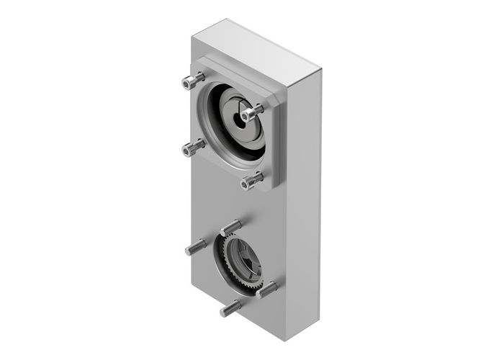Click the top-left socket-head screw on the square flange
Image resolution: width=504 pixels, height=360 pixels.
tap(190, 82)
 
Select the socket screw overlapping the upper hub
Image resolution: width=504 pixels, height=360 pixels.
tap(251, 113)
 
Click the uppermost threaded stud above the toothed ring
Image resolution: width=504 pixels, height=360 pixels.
tap(231, 228)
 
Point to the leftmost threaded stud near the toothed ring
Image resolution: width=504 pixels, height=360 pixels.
tap(196, 248)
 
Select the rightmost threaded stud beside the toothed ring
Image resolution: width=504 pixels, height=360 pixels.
tap(267, 289)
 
